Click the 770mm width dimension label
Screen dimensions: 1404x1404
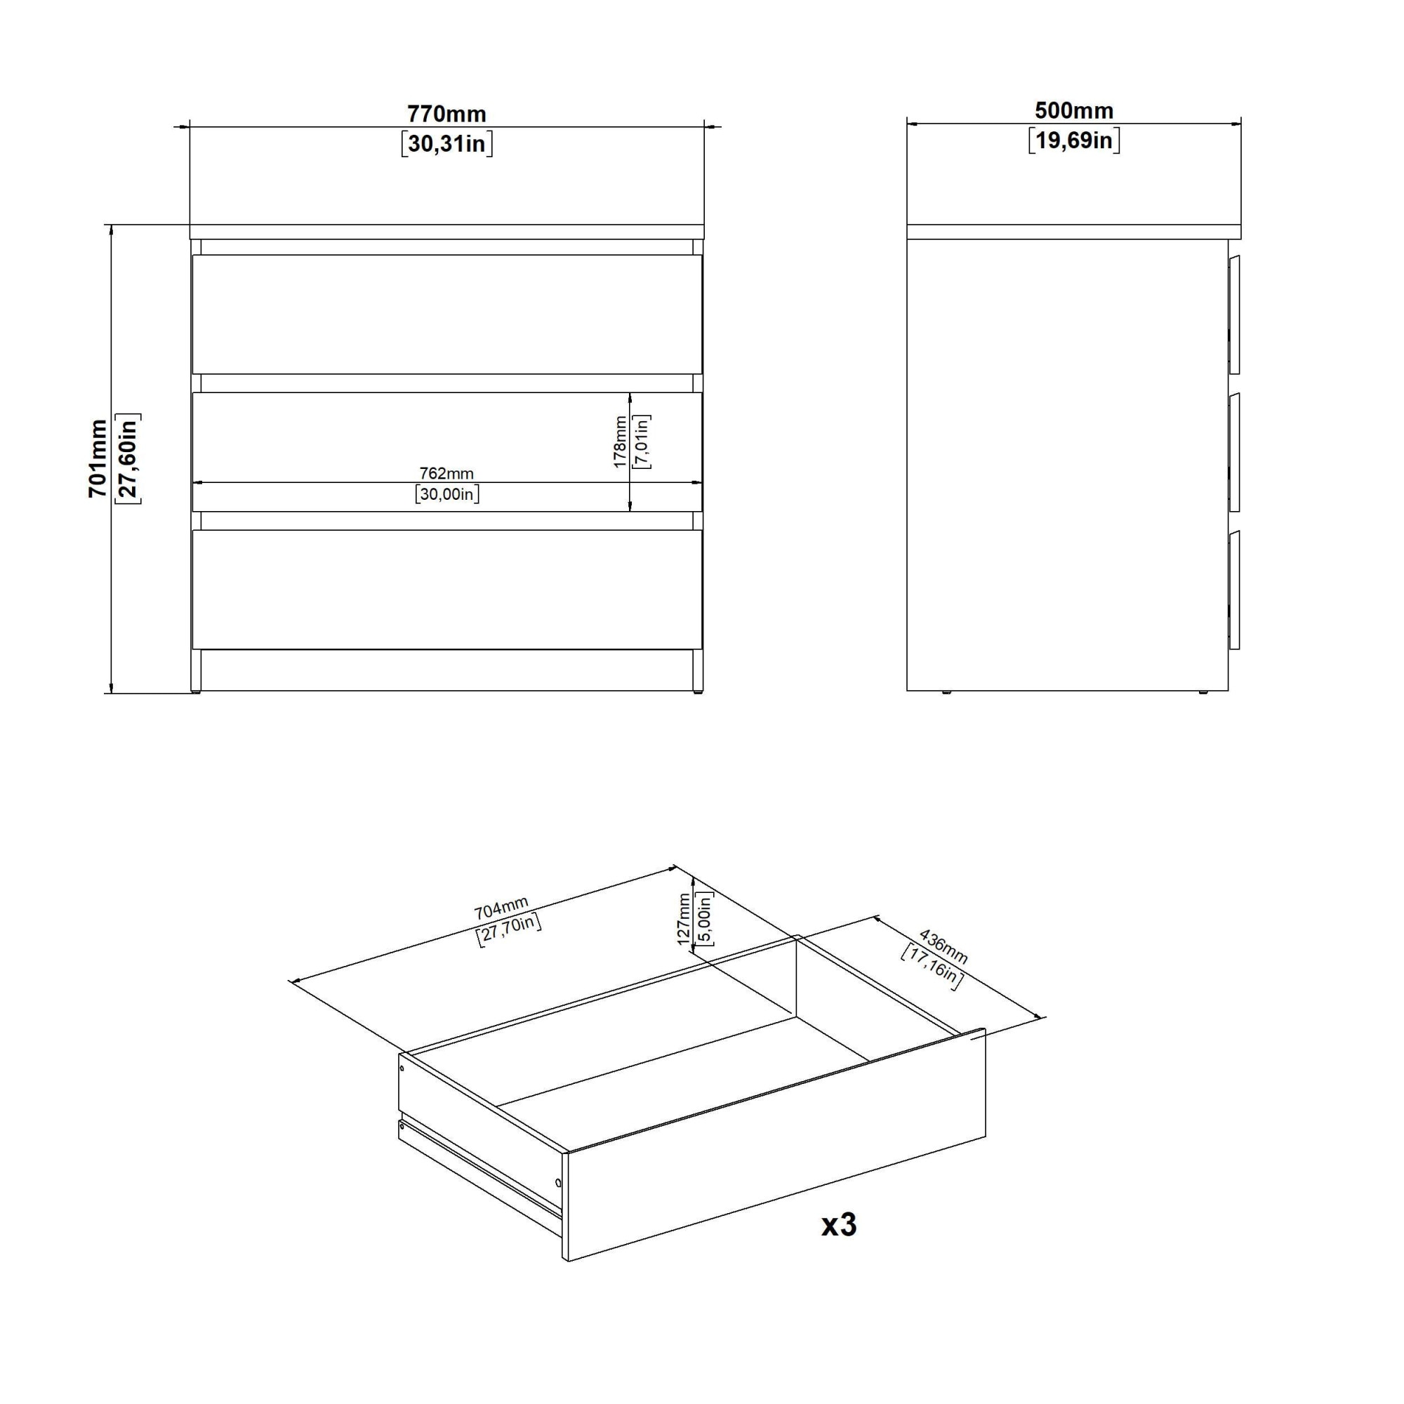(446, 114)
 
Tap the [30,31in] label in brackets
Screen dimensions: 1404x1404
(447, 144)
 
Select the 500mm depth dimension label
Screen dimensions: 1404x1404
(1074, 110)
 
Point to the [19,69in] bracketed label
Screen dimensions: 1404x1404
(1074, 140)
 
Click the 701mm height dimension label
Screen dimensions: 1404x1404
(98, 458)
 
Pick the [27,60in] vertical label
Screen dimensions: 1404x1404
(128, 458)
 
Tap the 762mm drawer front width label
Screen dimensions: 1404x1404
(447, 473)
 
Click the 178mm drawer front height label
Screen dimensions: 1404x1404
(619, 442)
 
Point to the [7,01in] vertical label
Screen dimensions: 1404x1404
(642, 442)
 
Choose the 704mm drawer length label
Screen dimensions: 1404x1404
(501, 908)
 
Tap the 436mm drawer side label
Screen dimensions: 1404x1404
(944, 945)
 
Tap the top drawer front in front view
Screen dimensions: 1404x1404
(447, 314)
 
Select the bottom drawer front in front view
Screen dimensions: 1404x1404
(447, 590)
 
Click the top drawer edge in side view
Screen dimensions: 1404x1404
(1234, 314)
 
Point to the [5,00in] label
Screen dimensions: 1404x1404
(704, 918)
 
